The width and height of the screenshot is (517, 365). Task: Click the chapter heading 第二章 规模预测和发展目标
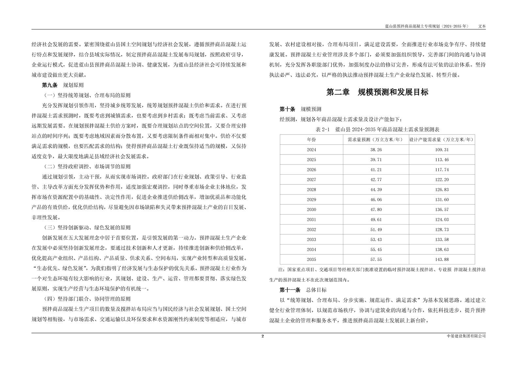tap(377, 92)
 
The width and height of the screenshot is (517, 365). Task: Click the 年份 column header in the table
tap(311, 140)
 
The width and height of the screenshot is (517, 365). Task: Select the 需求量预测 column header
tap(376, 140)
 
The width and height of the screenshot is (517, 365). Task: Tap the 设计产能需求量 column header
tap(442, 140)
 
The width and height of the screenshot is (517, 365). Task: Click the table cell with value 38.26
tap(376, 150)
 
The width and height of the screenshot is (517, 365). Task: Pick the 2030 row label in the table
tap(311, 210)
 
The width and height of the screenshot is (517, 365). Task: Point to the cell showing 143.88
tap(442, 260)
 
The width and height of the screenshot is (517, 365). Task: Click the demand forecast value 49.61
tap(376, 220)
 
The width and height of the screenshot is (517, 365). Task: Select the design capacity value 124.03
tap(442, 220)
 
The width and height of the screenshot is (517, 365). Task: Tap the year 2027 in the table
tap(311, 180)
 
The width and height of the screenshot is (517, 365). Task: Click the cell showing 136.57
tap(442, 210)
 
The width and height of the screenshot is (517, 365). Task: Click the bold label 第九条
tap(50, 85)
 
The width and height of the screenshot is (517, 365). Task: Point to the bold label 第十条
tap(287, 109)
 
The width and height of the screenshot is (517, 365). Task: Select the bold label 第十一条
tap(290, 290)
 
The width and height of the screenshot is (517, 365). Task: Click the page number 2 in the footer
tap(263, 336)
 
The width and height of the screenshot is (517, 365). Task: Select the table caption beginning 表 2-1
tap(377, 129)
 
